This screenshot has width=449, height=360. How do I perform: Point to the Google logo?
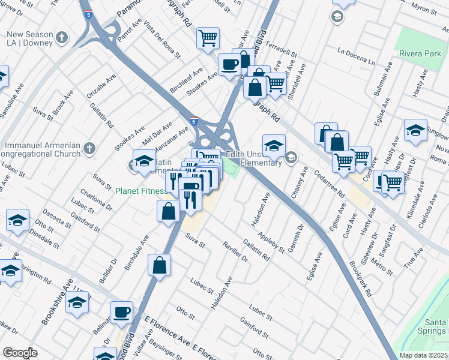pos(20,353)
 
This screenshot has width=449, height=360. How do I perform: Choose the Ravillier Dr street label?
pos(235,251)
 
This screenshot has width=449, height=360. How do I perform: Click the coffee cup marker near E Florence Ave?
pos(122,312)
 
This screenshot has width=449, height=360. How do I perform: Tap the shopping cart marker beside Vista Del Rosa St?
pos(207,38)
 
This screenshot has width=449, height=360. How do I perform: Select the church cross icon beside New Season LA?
pos(61,39)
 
